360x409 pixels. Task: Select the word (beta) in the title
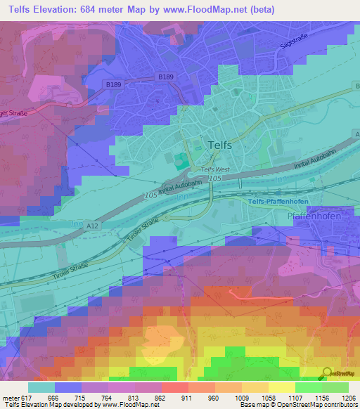(x=258, y=10)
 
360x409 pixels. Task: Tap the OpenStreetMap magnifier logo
(x=326, y=373)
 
